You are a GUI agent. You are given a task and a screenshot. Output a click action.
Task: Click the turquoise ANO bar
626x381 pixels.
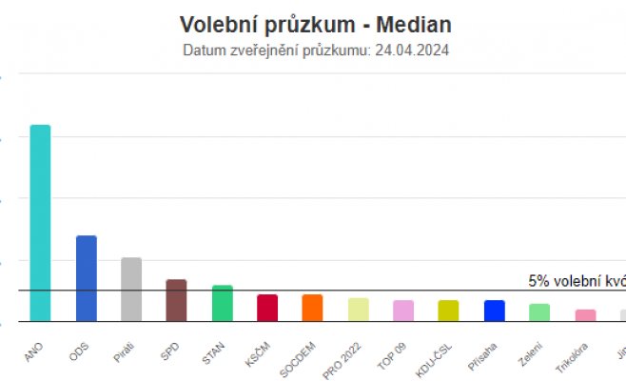tap(40, 224)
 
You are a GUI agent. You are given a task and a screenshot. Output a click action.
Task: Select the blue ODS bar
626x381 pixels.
tap(86, 278)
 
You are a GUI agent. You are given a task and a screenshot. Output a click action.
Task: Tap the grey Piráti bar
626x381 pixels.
tap(131, 290)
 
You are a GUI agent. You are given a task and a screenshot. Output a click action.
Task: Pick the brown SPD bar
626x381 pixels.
tap(176, 300)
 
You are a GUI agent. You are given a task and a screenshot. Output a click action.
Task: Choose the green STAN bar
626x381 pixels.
tap(222, 303)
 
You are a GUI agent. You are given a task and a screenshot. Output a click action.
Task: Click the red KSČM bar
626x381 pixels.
tap(267, 308)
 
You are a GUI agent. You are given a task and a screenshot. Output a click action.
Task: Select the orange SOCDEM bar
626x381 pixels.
tap(312, 308)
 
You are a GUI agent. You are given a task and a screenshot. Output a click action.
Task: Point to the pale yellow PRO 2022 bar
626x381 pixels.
tap(358, 310)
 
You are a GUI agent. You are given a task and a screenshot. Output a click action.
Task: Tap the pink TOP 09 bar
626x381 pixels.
tap(403, 311)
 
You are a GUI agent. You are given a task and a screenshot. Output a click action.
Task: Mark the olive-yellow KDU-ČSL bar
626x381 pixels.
tap(448, 311)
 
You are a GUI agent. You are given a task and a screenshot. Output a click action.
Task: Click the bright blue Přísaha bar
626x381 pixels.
tap(494, 311)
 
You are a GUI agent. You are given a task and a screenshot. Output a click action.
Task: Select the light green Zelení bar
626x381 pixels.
tap(539, 312)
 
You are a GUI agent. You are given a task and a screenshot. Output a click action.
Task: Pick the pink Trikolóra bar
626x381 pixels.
tap(585, 315)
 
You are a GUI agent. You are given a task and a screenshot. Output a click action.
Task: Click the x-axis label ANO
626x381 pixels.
tap(33, 351)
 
